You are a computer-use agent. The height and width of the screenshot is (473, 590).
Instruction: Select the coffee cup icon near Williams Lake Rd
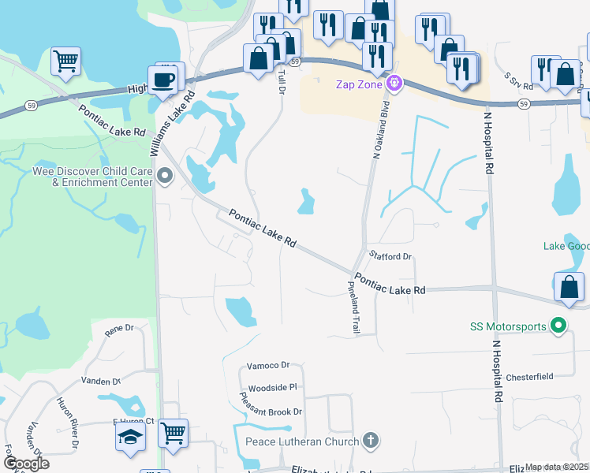[164, 80]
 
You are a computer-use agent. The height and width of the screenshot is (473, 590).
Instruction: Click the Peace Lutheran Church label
[302, 441]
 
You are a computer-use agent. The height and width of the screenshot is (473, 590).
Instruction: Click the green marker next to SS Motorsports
[559, 324]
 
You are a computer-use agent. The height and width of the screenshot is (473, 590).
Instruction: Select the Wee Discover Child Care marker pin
[164, 176]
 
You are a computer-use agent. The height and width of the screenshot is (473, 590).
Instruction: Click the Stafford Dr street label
[390, 256]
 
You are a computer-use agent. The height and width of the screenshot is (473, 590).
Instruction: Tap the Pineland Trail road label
[353, 308]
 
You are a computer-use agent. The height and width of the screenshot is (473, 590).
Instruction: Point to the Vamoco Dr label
[269, 366]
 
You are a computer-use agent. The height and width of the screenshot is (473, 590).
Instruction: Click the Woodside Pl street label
[272, 388]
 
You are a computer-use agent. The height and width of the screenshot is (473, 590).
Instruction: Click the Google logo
[26, 464]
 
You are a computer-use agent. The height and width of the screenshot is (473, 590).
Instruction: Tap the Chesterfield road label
[529, 377]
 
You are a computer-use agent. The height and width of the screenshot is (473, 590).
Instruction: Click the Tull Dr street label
[282, 82]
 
